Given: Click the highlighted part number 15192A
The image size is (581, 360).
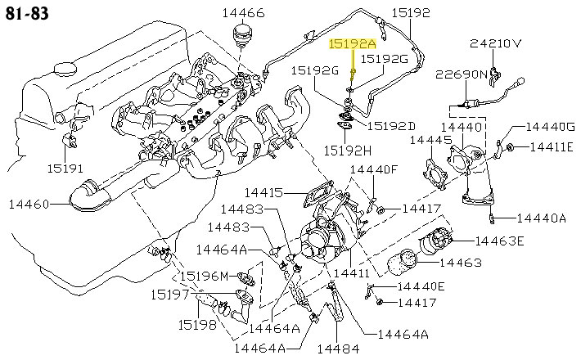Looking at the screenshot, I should tap(352, 44).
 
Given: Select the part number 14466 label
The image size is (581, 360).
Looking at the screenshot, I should tap(243, 13).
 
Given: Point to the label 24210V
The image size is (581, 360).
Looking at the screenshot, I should tap(497, 43).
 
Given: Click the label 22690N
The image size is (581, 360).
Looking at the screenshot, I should tap(462, 74).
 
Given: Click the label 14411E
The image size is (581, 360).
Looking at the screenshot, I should tap(553, 147).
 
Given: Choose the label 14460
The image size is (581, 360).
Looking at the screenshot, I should tap(29, 203).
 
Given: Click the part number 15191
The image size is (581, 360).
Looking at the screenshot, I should tap(64, 167).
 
